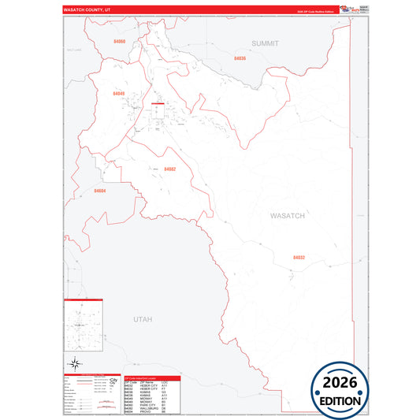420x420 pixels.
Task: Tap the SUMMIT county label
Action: (266, 43)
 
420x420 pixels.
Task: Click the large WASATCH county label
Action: (287, 215)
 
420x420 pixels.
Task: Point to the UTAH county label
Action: (142, 319)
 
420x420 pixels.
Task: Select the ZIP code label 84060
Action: (120, 41)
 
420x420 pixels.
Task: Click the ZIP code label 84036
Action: (240, 58)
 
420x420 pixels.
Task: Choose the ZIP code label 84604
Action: (99, 191)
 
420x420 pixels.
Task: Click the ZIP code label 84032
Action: (299, 257)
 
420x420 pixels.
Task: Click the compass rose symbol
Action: (74, 363)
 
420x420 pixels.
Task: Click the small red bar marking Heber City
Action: (158, 102)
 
